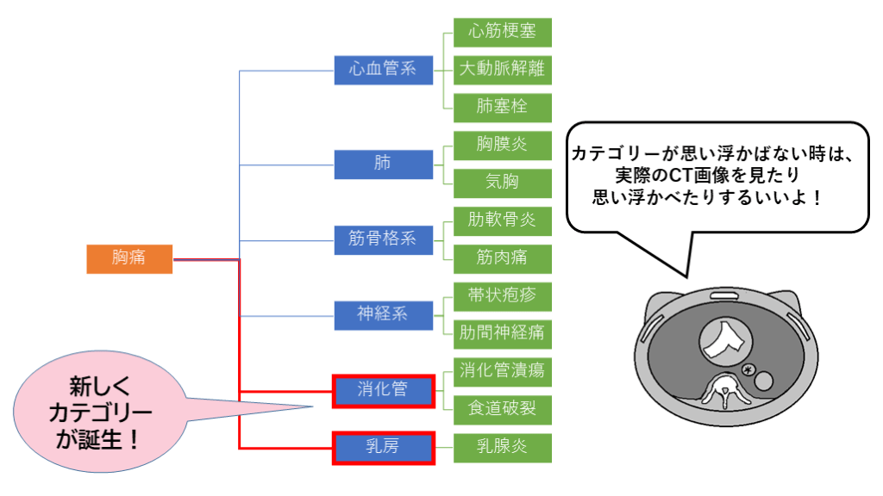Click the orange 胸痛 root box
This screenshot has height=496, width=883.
coord(129,258)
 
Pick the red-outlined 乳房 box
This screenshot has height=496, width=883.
coord(384,448)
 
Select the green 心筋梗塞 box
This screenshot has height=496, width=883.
coord(503,32)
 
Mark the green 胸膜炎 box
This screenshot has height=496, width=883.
coord(503,145)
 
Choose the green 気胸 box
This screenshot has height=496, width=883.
coord(503,183)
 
